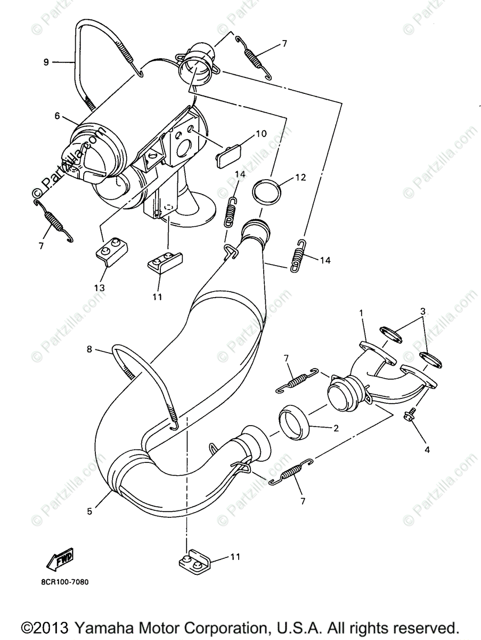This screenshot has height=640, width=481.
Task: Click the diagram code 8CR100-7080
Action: [64, 582]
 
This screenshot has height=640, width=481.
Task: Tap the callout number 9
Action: [46, 62]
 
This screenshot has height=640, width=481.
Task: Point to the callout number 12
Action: [300, 177]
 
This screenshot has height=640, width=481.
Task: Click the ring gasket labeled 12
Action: [267, 191]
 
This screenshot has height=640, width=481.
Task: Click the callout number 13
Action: [100, 287]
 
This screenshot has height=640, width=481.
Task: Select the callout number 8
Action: [89, 349]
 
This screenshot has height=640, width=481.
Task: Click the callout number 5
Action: [89, 511]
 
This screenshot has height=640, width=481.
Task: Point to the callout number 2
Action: [336, 428]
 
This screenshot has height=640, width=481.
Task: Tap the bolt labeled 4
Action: [411, 414]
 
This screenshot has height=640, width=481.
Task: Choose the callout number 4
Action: [426, 450]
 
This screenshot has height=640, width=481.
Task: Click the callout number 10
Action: [260, 134]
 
